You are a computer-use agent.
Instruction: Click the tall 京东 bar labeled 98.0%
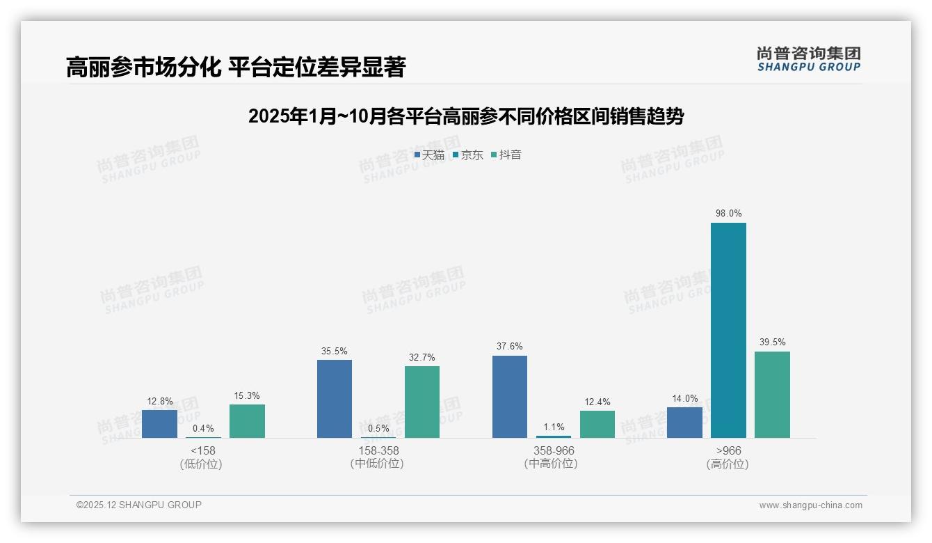(x=728, y=330)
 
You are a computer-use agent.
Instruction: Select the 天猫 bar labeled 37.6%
(x=510, y=397)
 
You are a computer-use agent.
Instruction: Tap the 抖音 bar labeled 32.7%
(x=422, y=402)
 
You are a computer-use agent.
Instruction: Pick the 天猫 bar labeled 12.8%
(x=159, y=424)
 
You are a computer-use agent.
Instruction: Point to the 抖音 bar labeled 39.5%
(x=772, y=395)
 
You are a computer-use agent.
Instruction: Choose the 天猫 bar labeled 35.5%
(x=335, y=399)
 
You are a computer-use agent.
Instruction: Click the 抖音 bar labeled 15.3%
(x=247, y=421)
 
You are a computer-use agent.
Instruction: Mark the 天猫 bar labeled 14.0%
(x=684, y=423)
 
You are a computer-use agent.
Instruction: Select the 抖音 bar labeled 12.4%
(x=597, y=424)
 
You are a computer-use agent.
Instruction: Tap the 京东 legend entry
(x=468, y=155)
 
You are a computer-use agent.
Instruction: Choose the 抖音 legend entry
(x=506, y=155)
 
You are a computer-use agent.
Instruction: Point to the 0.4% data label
(x=203, y=429)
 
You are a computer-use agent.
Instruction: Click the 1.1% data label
(x=554, y=427)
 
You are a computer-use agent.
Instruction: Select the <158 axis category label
(x=203, y=450)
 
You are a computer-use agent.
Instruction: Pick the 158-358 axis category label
(x=378, y=450)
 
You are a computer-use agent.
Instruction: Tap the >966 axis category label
(x=728, y=450)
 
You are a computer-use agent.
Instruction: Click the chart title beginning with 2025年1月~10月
(x=465, y=116)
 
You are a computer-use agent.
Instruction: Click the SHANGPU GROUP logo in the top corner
(x=808, y=59)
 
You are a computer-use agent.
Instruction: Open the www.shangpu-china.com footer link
(x=810, y=505)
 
